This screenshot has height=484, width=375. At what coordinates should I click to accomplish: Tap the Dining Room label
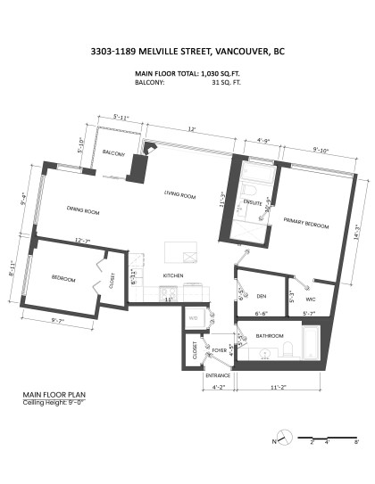coord(82,211)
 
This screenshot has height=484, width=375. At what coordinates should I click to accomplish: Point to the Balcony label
coord(113,153)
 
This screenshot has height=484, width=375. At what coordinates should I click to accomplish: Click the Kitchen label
coord(172,276)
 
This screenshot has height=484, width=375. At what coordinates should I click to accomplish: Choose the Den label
coord(262,295)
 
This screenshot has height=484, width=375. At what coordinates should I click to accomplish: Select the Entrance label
coord(218,376)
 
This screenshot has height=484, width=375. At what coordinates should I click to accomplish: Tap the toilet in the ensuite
coord(251,191)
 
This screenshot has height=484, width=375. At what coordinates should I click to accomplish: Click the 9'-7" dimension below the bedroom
coord(58,319)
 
